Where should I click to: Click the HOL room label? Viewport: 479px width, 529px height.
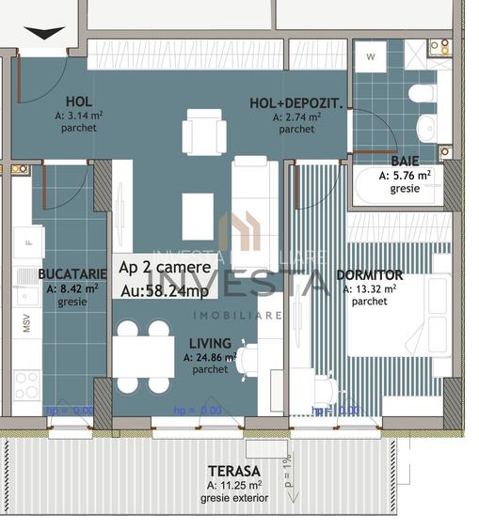[79, 101]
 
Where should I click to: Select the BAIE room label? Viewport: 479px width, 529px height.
[405, 161]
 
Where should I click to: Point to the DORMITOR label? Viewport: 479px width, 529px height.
[369, 275]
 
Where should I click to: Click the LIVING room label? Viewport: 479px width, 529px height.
[209, 344]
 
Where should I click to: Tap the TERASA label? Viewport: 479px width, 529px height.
[234, 471]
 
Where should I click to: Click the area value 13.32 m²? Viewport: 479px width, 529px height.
[370, 289]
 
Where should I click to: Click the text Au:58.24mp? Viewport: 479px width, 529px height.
[165, 290]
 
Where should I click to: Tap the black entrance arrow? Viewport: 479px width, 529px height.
[44, 34]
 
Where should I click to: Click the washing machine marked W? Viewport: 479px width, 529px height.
[371, 57]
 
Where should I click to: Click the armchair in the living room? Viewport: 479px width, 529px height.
[204, 132]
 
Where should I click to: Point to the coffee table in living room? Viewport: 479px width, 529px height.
[198, 216]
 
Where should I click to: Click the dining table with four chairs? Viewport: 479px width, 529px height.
[143, 357]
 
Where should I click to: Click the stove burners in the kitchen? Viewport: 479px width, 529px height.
[26, 384]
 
